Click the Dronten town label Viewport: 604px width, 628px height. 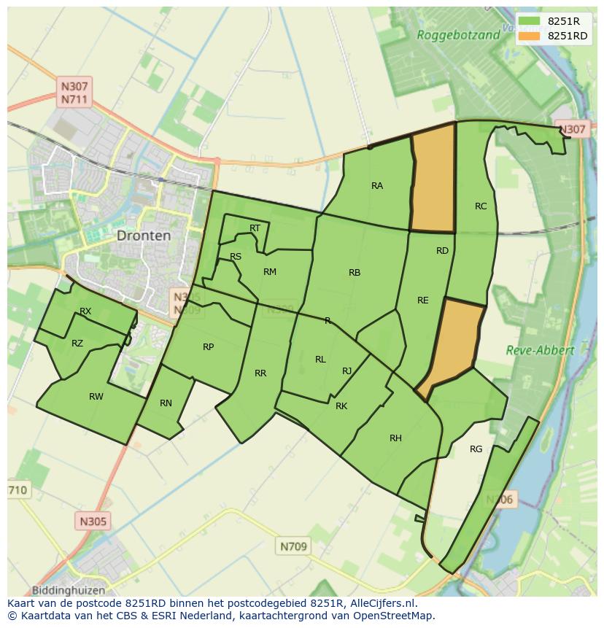(x=144, y=236)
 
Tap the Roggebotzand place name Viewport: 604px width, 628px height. (x=458, y=34)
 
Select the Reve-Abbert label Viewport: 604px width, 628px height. (x=540, y=350)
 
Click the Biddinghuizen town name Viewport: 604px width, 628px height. (x=69, y=590)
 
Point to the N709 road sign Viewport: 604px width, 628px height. (x=294, y=546)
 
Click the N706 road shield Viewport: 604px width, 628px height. (x=500, y=500)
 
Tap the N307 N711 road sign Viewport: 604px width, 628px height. (x=75, y=93)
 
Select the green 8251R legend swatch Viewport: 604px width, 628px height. (x=530, y=21)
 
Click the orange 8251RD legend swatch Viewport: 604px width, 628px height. (x=530, y=36)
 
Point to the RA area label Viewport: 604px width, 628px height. (x=377, y=186)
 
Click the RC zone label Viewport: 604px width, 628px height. (x=481, y=206)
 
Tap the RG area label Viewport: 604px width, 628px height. (x=476, y=449)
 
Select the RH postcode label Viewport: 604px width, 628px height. (x=395, y=438)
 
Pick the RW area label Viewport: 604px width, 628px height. (x=96, y=397)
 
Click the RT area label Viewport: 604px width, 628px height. (x=255, y=228)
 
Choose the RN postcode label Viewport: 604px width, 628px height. (x=166, y=403)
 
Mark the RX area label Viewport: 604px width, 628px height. (x=85, y=311)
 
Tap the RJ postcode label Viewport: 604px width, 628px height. (x=347, y=371)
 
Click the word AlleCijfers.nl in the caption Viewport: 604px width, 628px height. (x=381, y=603)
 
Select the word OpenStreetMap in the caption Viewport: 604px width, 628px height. (x=397, y=616)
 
